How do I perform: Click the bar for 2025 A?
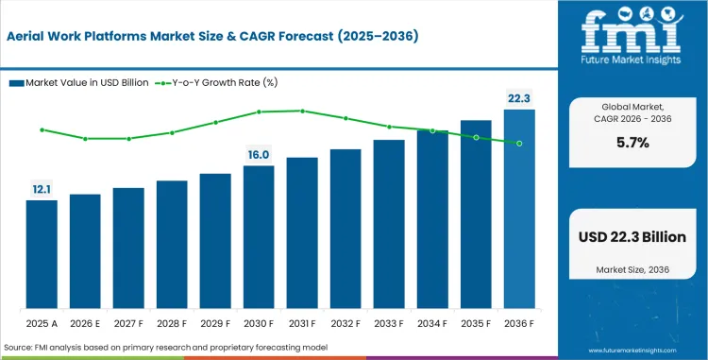click(42, 255)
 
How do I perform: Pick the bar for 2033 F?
click(389, 225)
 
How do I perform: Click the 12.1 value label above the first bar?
click(42, 189)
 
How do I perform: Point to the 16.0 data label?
click(259, 154)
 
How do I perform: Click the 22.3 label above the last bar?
click(519, 98)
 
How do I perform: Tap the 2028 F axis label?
click(172, 323)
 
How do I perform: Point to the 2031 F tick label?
click(302, 323)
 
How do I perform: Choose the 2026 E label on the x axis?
click(85, 323)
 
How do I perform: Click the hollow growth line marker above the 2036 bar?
click(519, 144)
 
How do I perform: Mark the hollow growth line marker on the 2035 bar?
click(476, 137)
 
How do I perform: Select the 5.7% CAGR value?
click(633, 143)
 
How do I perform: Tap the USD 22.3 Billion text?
click(633, 237)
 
